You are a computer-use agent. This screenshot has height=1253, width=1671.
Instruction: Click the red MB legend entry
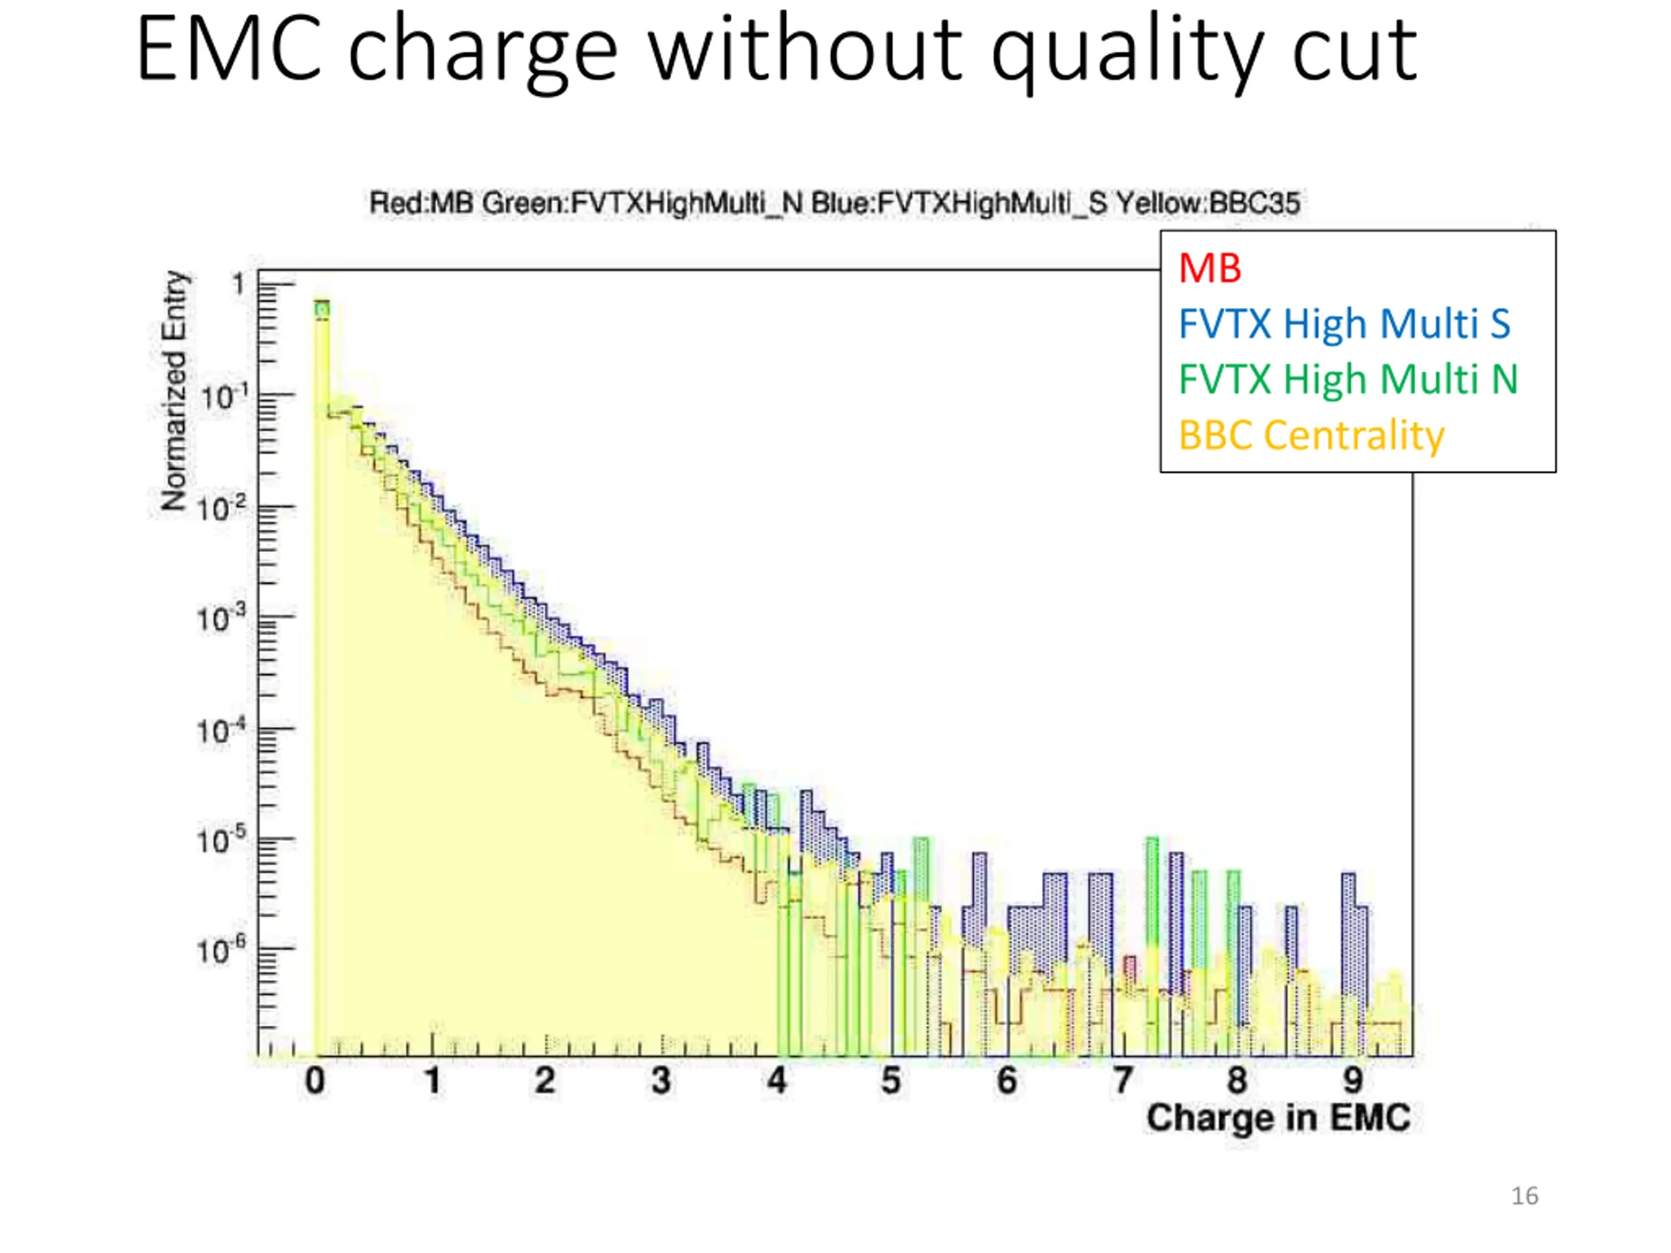point(1210,268)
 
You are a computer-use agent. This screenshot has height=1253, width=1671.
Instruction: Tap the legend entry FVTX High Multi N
point(1348,379)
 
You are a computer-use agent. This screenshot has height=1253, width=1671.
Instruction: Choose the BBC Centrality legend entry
point(1311,435)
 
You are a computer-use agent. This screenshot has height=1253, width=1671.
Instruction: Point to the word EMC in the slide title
point(230,52)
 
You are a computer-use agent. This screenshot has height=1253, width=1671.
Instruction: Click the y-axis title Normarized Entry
point(174,390)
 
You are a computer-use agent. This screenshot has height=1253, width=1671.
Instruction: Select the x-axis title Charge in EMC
point(1278,1117)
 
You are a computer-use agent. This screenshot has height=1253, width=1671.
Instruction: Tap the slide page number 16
point(1524,1196)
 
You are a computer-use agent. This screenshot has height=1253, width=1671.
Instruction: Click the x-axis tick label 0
point(315,1081)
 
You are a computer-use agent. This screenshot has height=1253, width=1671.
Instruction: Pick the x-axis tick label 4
point(777,1081)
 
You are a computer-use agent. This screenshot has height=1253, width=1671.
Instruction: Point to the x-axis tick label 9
point(1353,1081)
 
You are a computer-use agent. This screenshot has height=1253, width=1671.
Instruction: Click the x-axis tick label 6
point(1007,1081)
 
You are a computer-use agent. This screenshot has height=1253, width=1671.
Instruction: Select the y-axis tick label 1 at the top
point(239,285)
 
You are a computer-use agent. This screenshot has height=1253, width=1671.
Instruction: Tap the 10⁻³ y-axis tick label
point(221,619)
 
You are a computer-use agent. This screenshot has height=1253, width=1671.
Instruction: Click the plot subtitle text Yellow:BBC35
point(1208,203)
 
